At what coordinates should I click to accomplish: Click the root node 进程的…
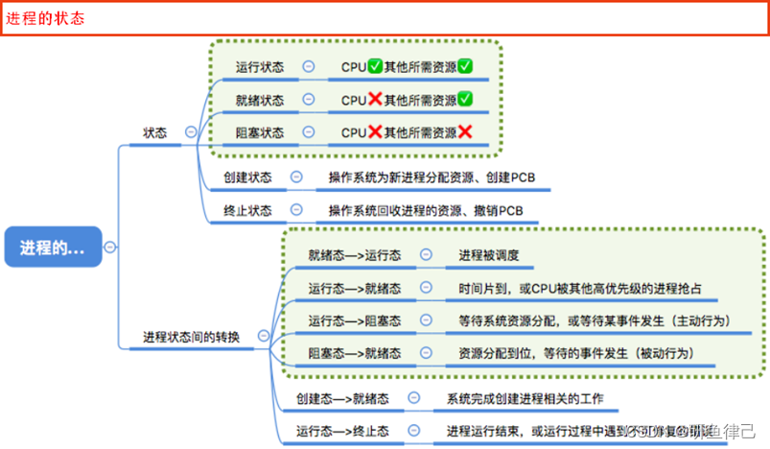[x=53, y=247]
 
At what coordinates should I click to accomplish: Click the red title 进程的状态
[x=46, y=18]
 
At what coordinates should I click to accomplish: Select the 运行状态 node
[x=260, y=67]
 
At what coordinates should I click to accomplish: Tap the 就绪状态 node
[x=260, y=100]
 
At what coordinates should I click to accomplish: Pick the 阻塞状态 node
[x=260, y=132]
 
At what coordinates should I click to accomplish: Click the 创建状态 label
[x=247, y=177]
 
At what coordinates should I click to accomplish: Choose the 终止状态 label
[x=247, y=210]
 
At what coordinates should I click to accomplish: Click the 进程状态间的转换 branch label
[x=192, y=337]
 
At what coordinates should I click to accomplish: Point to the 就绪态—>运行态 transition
[x=355, y=255]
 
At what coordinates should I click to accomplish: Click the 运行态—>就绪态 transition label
[x=355, y=288]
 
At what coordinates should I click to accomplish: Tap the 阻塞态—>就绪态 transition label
[x=355, y=352]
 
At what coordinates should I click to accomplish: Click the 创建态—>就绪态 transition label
[x=342, y=398]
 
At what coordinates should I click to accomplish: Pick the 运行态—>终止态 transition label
[x=342, y=431]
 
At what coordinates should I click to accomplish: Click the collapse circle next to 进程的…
[x=111, y=247]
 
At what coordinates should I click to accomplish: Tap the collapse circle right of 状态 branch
[x=191, y=133]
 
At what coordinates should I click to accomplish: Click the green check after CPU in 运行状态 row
[x=375, y=66]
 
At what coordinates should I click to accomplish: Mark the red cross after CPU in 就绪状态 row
[x=375, y=100]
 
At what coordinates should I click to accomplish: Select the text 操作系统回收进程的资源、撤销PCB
[x=426, y=210]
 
